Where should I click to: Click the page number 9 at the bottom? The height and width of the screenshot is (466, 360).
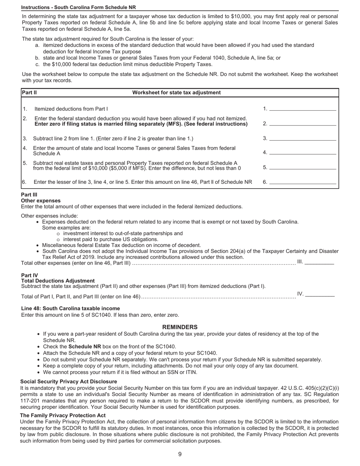click(180, 454)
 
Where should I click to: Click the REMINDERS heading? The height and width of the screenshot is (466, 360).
click(180, 327)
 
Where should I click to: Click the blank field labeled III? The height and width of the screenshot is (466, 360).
click(319, 262)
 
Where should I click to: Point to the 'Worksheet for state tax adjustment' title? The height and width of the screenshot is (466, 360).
click(176, 92)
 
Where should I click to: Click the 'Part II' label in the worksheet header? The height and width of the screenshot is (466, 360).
click(29, 92)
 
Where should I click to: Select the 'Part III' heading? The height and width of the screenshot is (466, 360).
click(29, 195)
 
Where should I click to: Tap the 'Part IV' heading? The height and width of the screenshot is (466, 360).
click(30, 275)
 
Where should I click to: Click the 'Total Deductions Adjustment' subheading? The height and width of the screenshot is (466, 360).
click(58, 281)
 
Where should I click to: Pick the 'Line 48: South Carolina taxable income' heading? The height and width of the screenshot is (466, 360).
click(70, 308)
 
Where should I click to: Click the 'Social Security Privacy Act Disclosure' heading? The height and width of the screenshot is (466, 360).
click(69, 382)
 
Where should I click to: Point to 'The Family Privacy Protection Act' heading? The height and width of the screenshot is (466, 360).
click(63, 415)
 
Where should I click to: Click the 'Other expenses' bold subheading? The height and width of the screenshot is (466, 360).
click(41, 200)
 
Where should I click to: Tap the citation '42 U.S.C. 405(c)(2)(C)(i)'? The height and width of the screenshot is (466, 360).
click(310, 388)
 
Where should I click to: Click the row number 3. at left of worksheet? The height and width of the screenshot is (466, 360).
click(25, 138)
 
